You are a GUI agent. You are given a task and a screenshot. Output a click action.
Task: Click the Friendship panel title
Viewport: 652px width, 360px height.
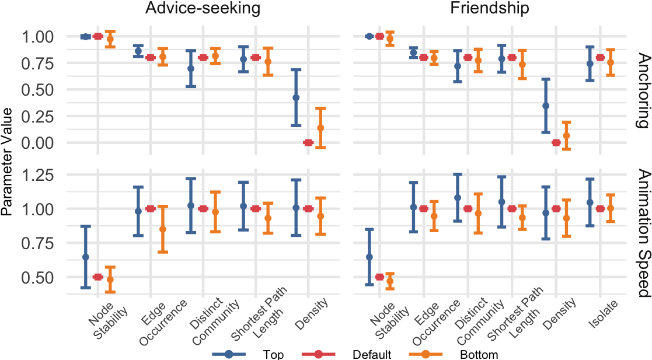[490, 9]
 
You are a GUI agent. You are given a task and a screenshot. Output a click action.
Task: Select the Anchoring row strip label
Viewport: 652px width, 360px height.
[643, 90]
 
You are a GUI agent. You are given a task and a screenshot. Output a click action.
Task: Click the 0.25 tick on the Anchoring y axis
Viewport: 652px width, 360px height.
[37, 116]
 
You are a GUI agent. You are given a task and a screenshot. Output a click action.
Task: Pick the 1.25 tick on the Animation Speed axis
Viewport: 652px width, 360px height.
[37, 175]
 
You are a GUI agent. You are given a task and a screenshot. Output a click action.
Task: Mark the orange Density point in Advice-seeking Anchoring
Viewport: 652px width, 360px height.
[320, 128]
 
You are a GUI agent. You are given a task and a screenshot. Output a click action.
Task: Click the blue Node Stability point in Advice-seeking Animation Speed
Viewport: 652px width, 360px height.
[86, 257]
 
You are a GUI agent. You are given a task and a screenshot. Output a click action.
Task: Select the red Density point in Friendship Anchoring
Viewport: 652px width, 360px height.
[556, 142]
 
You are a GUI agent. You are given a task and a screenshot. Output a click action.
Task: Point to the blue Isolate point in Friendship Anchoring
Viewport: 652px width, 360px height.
[590, 64]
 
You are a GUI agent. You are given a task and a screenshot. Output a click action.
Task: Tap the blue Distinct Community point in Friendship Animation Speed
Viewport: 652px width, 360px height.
[458, 198]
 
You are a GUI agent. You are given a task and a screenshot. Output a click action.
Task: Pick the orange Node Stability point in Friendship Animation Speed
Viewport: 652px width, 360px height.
[390, 281]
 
